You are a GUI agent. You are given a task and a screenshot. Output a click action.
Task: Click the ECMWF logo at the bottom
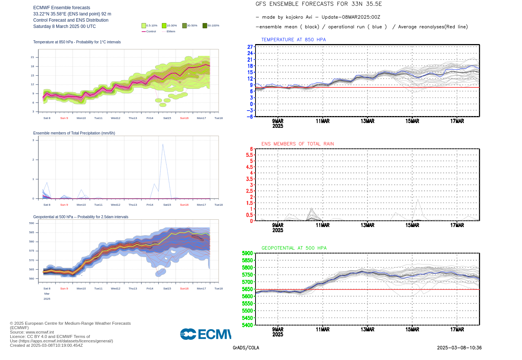click(205, 334)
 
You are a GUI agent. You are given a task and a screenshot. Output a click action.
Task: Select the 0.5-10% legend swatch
click(144, 26)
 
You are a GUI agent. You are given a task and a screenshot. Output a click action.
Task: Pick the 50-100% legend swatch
click(205, 26)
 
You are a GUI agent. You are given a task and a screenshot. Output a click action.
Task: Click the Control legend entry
click(149, 32)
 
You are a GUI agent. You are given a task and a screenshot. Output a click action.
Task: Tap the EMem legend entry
click(169, 32)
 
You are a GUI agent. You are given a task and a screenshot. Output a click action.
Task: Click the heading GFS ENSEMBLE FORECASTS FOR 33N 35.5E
click(318, 4)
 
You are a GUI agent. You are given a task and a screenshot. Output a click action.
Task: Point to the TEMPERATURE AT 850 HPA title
click(293, 40)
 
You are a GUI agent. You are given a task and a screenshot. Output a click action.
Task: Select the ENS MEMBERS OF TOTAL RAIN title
click(297, 144)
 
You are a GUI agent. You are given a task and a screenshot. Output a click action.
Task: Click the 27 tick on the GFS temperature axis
click(250, 47)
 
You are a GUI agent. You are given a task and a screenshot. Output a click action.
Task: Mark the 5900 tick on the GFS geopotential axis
click(247, 253)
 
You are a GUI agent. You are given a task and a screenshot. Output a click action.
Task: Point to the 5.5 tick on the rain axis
click(249, 155)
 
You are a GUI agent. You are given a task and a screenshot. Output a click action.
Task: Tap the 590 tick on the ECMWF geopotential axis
click(32, 223)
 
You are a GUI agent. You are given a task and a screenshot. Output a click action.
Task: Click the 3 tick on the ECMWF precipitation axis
click(33, 140)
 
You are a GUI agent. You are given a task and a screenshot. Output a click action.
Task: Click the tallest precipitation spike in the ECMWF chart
click(163, 144)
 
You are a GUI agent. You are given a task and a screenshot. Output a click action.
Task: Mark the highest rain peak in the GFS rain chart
click(418, 199)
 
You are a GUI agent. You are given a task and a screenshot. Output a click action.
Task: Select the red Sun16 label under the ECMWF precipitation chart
click(184, 205)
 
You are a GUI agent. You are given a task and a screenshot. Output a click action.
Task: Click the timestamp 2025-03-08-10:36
click(459, 348)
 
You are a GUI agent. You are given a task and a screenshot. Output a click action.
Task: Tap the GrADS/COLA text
click(246, 348)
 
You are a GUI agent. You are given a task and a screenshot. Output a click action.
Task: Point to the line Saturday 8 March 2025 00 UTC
click(64, 26)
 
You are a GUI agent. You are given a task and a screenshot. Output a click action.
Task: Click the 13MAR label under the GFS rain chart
click(367, 225)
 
